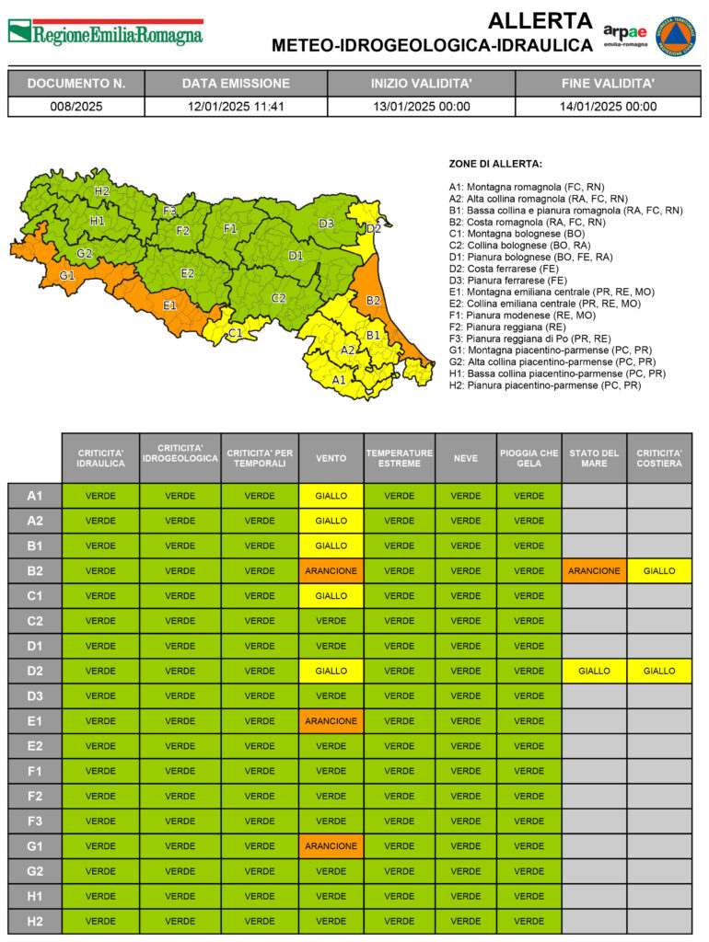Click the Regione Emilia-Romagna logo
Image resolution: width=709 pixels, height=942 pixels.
coord(106,33)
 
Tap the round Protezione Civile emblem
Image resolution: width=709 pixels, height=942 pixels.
coord(675,35)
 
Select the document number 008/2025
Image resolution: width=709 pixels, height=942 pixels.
coord(76,106)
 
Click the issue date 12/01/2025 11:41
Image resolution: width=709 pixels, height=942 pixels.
coord(236,106)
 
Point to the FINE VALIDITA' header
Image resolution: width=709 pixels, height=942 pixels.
coord(608,83)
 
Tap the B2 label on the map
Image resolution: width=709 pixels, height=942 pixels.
coord(373,300)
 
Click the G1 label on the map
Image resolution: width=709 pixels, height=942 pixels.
coord(67,275)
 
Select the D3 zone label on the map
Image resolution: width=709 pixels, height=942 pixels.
coord(326,224)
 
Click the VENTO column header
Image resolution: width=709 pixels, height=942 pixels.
coord(331,458)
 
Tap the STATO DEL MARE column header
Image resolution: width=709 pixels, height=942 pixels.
coord(594,458)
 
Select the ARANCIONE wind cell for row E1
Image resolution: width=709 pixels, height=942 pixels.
coord(331,720)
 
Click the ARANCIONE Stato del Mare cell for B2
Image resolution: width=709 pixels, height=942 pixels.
coord(594,570)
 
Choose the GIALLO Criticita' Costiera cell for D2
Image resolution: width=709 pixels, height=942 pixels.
coord(659,671)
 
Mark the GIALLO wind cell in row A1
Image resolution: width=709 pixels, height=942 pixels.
coord(331,496)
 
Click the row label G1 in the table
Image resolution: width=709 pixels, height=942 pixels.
coord(35,845)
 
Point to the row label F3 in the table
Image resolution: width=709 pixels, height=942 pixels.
coord(35,821)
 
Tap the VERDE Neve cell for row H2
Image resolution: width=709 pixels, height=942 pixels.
coord(465,920)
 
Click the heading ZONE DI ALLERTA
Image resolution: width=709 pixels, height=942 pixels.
coord(495,163)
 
